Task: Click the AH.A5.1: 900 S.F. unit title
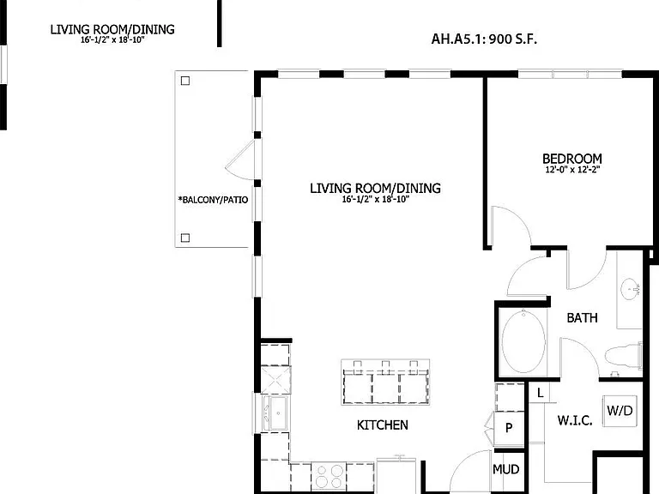tap(484, 39)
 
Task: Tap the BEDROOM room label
tap(572, 159)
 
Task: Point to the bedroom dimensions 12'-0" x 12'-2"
tap(572, 170)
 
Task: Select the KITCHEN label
tap(383, 425)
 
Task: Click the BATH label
tap(582, 318)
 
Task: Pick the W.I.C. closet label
tap(575, 420)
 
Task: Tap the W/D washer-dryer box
tap(620, 411)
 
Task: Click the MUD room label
tap(506, 469)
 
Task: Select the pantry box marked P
tap(509, 428)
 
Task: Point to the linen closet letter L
tap(540, 393)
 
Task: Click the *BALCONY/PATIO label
tap(213, 200)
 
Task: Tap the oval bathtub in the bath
tap(523, 341)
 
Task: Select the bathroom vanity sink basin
tap(630, 289)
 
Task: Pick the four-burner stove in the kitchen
tap(329, 475)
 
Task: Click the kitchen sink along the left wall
tap(275, 413)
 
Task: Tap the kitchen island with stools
tap(385, 383)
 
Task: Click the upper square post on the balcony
tap(185, 81)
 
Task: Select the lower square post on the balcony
tap(185, 238)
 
